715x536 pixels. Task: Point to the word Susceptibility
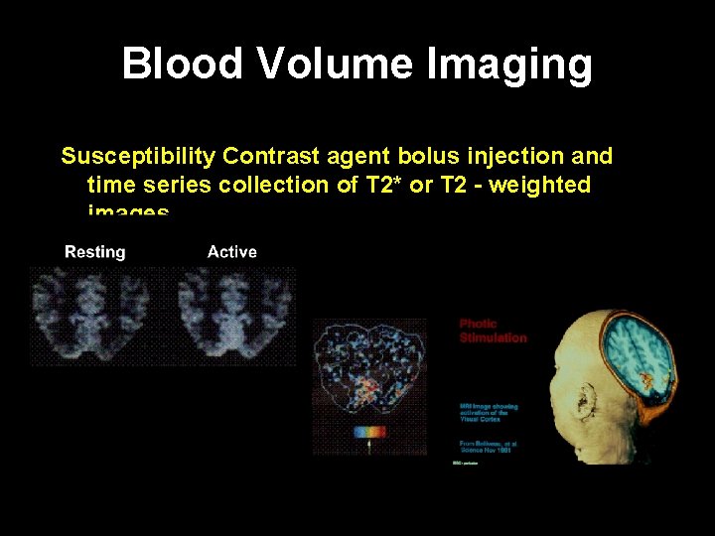coord(138,157)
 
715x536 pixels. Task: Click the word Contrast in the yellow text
coord(266,157)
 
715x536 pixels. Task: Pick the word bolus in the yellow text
coord(424,157)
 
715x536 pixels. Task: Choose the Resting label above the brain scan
coord(95,252)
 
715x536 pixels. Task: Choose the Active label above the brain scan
coord(232,252)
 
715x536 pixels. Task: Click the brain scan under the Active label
coord(235,313)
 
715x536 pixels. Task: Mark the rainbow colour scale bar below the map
coord(369,433)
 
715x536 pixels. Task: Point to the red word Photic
coord(478,325)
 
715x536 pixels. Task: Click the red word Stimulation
coord(493,337)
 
